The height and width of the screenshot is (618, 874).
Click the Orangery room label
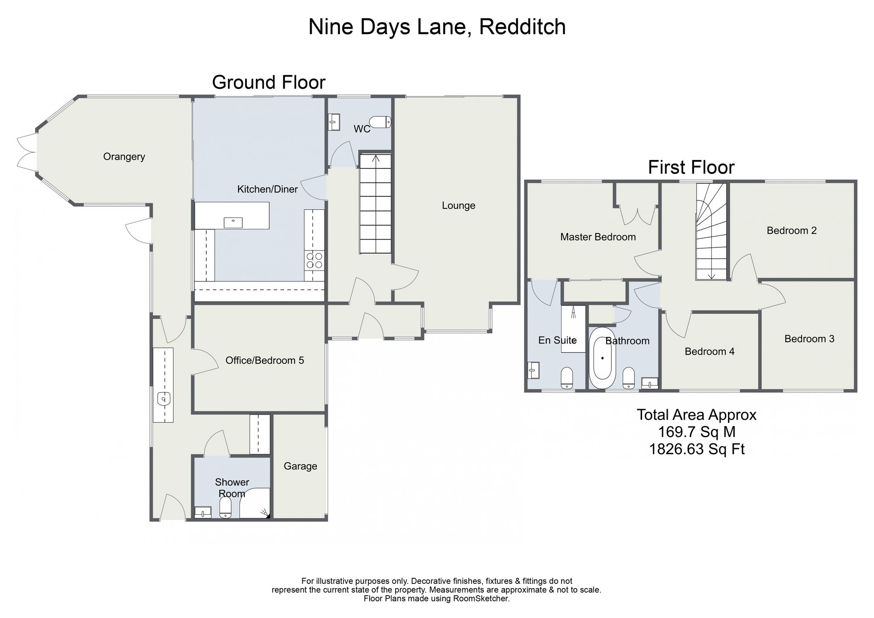[x=124, y=156]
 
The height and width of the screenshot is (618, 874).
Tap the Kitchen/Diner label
[x=267, y=189]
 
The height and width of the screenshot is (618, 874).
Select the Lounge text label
[x=458, y=205]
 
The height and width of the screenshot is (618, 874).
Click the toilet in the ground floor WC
[x=380, y=122]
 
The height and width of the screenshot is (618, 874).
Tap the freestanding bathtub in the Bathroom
[x=602, y=358]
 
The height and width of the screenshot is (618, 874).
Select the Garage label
[x=300, y=466]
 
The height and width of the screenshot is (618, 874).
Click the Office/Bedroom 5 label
[x=265, y=361]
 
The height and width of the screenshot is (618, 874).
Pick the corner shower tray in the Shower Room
[x=255, y=503]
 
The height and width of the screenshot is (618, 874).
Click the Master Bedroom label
[x=598, y=237]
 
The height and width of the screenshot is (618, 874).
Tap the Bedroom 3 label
[x=809, y=339]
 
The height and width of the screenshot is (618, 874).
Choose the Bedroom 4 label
[x=710, y=351]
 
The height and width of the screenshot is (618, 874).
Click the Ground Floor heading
[x=269, y=82]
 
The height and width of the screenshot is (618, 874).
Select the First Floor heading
[x=691, y=167]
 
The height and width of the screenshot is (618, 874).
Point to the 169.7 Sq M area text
[x=697, y=432]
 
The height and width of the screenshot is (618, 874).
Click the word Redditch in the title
[x=522, y=27]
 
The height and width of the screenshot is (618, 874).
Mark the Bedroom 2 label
[x=792, y=230]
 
